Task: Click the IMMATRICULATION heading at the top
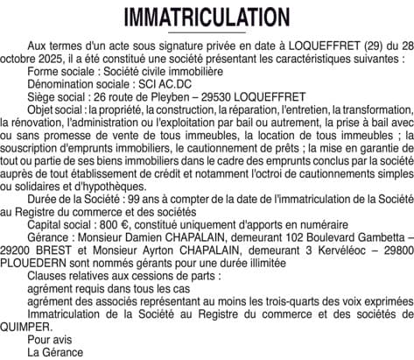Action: pos(207,17)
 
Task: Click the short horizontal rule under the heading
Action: pos(207,32)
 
